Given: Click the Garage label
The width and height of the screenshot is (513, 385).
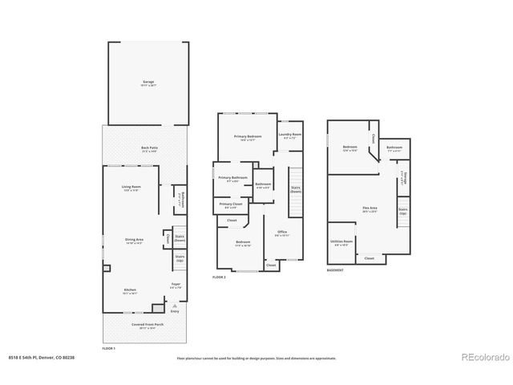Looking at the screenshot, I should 148,82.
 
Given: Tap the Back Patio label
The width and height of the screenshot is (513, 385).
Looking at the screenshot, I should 148,148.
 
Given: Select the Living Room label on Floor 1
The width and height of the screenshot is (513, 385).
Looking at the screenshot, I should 131,187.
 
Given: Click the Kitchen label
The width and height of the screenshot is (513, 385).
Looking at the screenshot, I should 129,290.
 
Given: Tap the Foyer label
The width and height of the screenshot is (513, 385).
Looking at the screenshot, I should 175,285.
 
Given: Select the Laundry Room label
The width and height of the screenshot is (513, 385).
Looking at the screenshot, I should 291,135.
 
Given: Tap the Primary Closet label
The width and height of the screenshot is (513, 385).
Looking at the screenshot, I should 232,205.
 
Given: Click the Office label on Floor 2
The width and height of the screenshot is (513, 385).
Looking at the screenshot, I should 281,233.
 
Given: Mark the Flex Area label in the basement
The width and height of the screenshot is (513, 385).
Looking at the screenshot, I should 370,209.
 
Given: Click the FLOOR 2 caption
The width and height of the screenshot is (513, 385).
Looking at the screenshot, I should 220,276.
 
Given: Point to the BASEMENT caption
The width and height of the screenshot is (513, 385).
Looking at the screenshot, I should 336,269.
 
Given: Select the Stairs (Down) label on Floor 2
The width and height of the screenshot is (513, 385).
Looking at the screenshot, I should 296,189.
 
